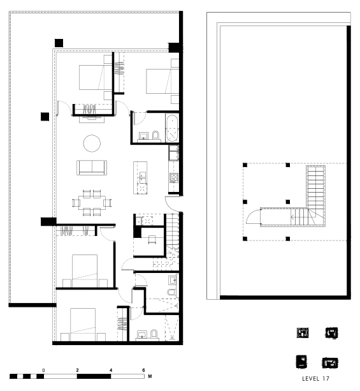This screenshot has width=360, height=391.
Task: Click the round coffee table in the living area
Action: tap(92, 143)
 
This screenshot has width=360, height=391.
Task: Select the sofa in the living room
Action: tap(92, 168)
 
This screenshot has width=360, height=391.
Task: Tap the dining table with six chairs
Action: tap(92, 202)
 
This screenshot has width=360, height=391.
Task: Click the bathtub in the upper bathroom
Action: tap(172, 128)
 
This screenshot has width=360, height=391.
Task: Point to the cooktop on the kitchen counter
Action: tap(174, 178)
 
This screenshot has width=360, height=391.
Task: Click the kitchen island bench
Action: tap(140, 177)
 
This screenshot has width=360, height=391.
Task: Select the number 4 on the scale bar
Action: tap(111, 370)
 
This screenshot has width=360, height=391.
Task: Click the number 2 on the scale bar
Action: tap(77, 370)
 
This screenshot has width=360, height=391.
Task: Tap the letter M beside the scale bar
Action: tap(150, 376)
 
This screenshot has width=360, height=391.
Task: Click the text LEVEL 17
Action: tap(315, 378)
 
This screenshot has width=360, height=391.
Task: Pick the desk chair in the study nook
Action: tap(152, 240)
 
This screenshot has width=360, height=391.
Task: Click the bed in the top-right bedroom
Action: tap(162, 81)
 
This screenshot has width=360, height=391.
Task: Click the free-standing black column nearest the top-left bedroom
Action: tap(59, 43)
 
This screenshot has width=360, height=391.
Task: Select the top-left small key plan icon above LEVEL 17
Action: tap(303, 333)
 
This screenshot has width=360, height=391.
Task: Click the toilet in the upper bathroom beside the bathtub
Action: tap(155, 135)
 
